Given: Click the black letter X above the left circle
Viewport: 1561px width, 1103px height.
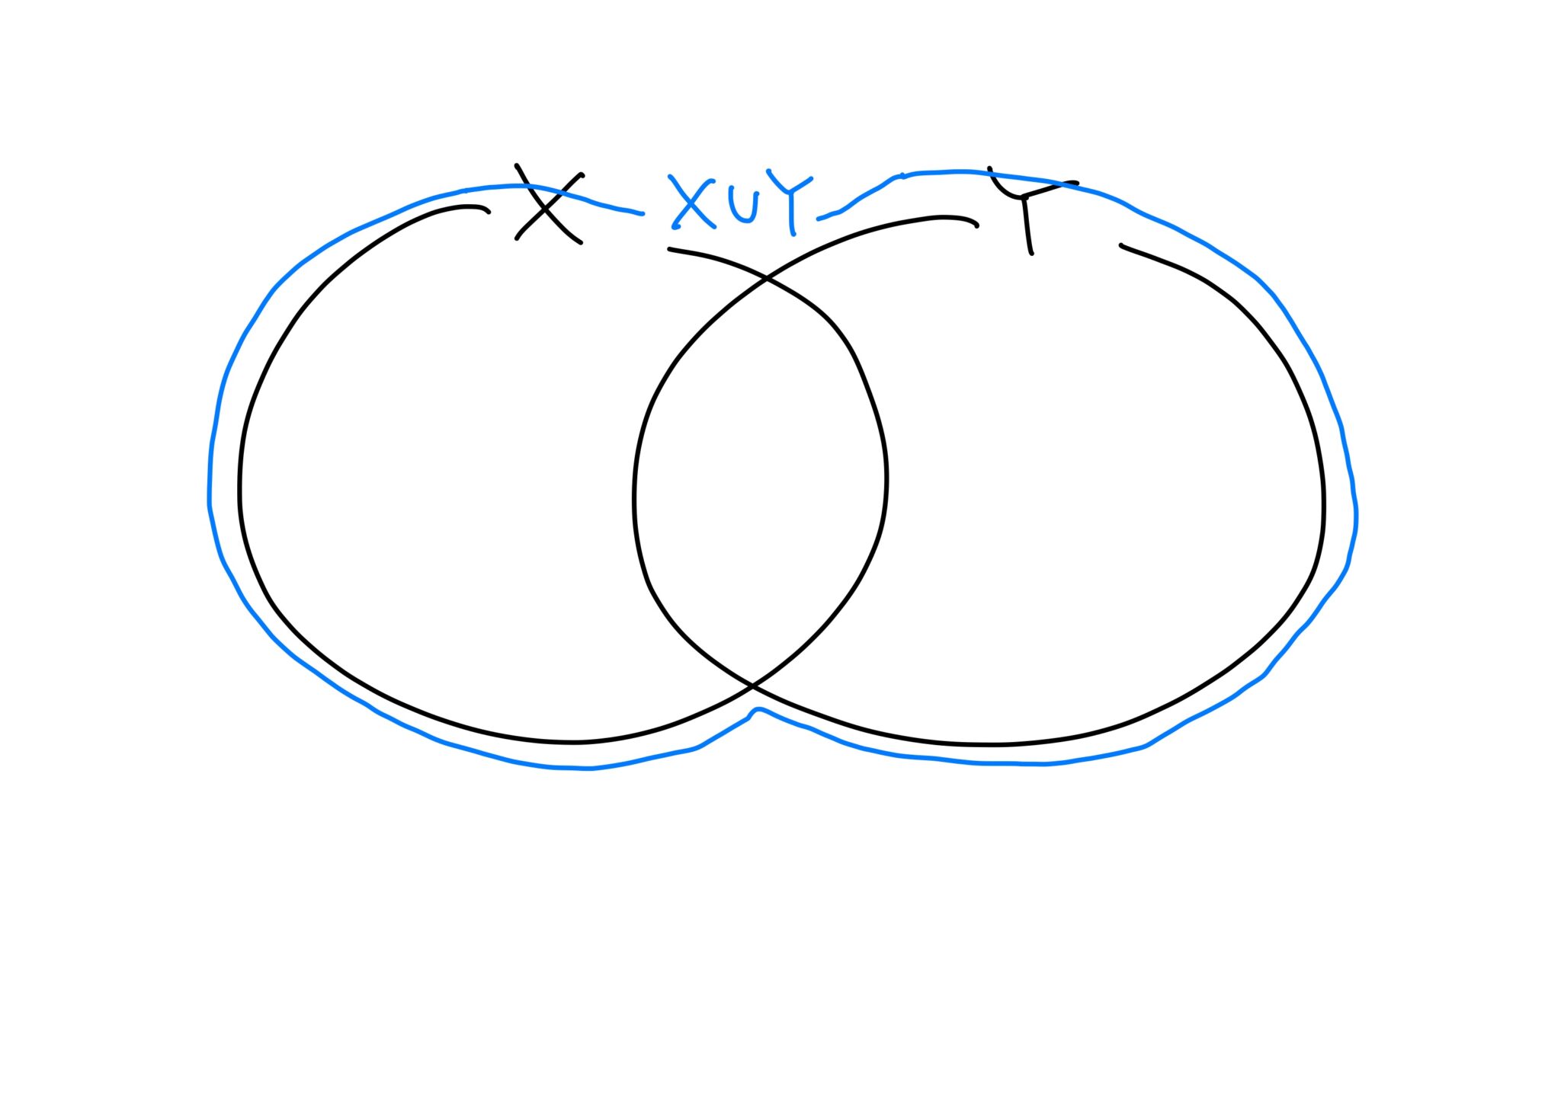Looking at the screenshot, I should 549,204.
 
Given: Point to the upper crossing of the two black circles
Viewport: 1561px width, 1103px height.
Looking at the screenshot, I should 767,280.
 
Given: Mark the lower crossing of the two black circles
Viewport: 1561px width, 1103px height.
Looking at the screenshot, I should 752,686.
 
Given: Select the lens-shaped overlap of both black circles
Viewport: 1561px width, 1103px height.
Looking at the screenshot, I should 761,480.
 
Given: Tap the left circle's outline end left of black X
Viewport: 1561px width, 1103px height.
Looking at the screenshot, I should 489,212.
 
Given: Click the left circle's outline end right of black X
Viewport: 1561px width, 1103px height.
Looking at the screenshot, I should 669,249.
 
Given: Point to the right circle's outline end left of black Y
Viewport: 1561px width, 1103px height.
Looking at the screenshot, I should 977,226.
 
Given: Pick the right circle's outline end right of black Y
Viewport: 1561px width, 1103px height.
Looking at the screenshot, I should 1121,245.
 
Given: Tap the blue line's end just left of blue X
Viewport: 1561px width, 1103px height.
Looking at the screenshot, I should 643,213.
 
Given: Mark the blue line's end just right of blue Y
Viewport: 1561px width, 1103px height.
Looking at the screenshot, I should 819,219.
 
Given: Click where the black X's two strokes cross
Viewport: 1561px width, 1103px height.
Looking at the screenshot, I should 549,204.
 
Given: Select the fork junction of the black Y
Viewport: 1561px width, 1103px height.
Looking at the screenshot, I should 1024,197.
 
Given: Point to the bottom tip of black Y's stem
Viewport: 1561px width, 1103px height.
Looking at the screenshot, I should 1031,253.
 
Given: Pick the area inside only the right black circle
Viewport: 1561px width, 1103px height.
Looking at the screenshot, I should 1105,488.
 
